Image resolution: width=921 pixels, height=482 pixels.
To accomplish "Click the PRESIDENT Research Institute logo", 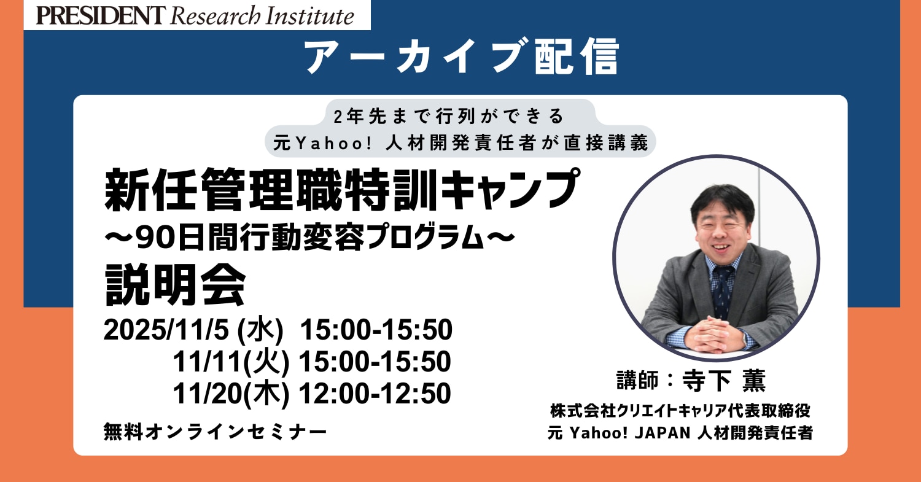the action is pos(195,15).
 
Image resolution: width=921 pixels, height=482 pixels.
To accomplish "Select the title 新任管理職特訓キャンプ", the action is pos(342,189).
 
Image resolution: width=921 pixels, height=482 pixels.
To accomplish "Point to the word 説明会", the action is pos(176,284).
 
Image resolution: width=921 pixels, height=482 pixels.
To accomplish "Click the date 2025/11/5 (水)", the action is pos(193,330).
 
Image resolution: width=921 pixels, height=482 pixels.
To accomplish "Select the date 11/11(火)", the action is pos(231,362).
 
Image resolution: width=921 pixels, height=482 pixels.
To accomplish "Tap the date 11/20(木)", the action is pos(231,394).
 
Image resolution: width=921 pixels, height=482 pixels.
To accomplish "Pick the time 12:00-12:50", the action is pos(375,394).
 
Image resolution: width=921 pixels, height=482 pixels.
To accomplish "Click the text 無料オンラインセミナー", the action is pos(216,432).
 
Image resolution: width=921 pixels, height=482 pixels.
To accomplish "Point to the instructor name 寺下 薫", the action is pos(724,381).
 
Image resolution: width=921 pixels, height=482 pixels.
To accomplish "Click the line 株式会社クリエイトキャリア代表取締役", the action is pos(680,411).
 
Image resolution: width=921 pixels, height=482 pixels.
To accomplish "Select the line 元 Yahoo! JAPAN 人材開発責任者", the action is pos(680,433).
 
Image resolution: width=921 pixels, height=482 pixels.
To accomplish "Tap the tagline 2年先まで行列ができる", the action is pos(449,117).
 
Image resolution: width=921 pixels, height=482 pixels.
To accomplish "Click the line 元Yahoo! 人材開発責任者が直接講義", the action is pos(460,142).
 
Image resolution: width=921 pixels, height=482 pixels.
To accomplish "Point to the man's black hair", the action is pos(722,201).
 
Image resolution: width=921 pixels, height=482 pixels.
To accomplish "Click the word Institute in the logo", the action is pos(310,16).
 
